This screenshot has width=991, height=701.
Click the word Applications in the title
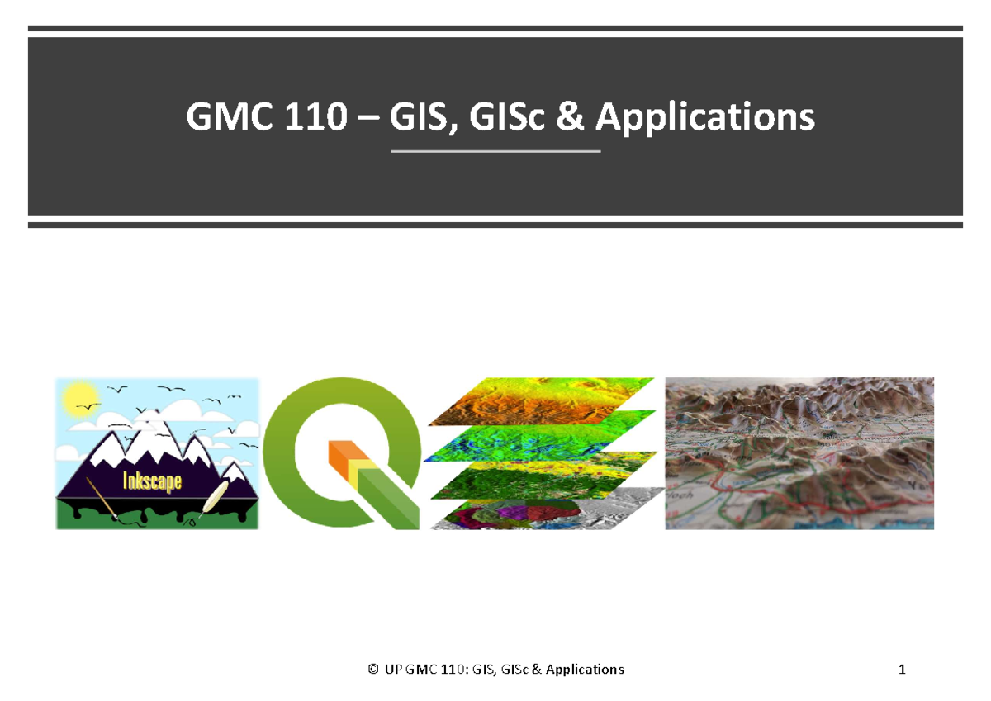click(704, 118)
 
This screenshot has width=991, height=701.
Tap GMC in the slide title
click(220, 118)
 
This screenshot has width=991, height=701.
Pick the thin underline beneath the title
click(495, 152)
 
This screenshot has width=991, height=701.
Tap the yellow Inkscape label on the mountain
click(152, 481)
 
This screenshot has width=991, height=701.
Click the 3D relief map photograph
click(799, 453)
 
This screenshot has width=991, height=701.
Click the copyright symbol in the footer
click(373, 670)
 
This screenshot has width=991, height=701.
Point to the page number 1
click(903, 670)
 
